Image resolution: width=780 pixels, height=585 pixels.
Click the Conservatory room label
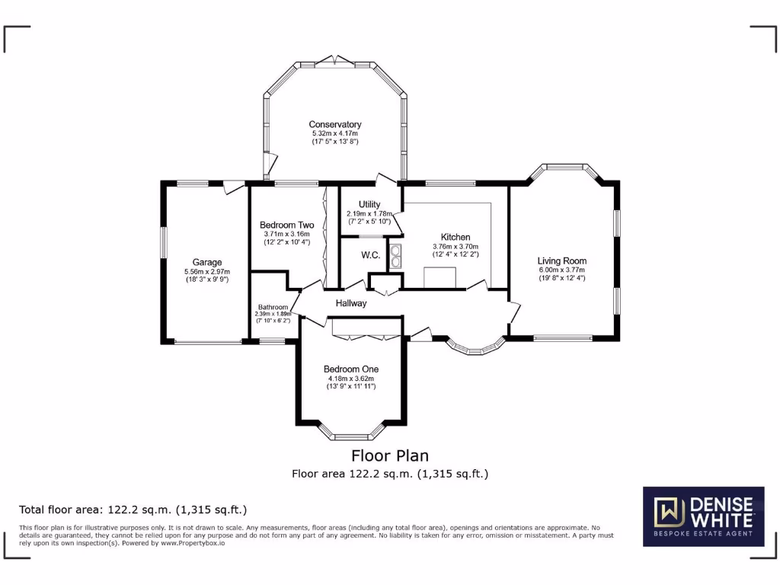pyautogui.click(x=334, y=124)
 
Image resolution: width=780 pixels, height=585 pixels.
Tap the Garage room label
pyautogui.click(x=206, y=262)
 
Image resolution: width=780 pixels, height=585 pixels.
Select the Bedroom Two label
pyautogui.click(x=286, y=225)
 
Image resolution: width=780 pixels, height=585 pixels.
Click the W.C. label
pyautogui.click(x=370, y=254)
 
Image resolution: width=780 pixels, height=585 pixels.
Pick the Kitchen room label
pyautogui.click(x=456, y=237)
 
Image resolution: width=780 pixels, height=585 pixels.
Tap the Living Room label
pyautogui.click(x=562, y=261)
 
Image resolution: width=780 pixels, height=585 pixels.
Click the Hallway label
pyautogui.click(x=351, y=303)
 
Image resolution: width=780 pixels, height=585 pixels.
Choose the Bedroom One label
pyautogui.click(x=351, y=369)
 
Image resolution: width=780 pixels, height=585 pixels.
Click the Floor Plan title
pyautogui.click(x=389, y=456)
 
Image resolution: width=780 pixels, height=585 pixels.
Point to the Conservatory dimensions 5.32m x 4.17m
pyautogui.click(x=334, y=133)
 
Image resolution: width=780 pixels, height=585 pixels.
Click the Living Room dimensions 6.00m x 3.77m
pyautogui.click(x=562, y=270)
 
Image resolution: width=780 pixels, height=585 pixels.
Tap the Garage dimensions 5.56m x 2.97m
pyautogui.click(x=206, y=271)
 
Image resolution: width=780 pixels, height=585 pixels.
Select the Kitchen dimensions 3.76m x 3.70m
pyautogui.click(x=456, y=246)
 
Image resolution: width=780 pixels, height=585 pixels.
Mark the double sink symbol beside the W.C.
pyautogui.click(x=396, y=256)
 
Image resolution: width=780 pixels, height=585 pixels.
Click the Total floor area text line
pyautogui.click(x=133, y=510)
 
